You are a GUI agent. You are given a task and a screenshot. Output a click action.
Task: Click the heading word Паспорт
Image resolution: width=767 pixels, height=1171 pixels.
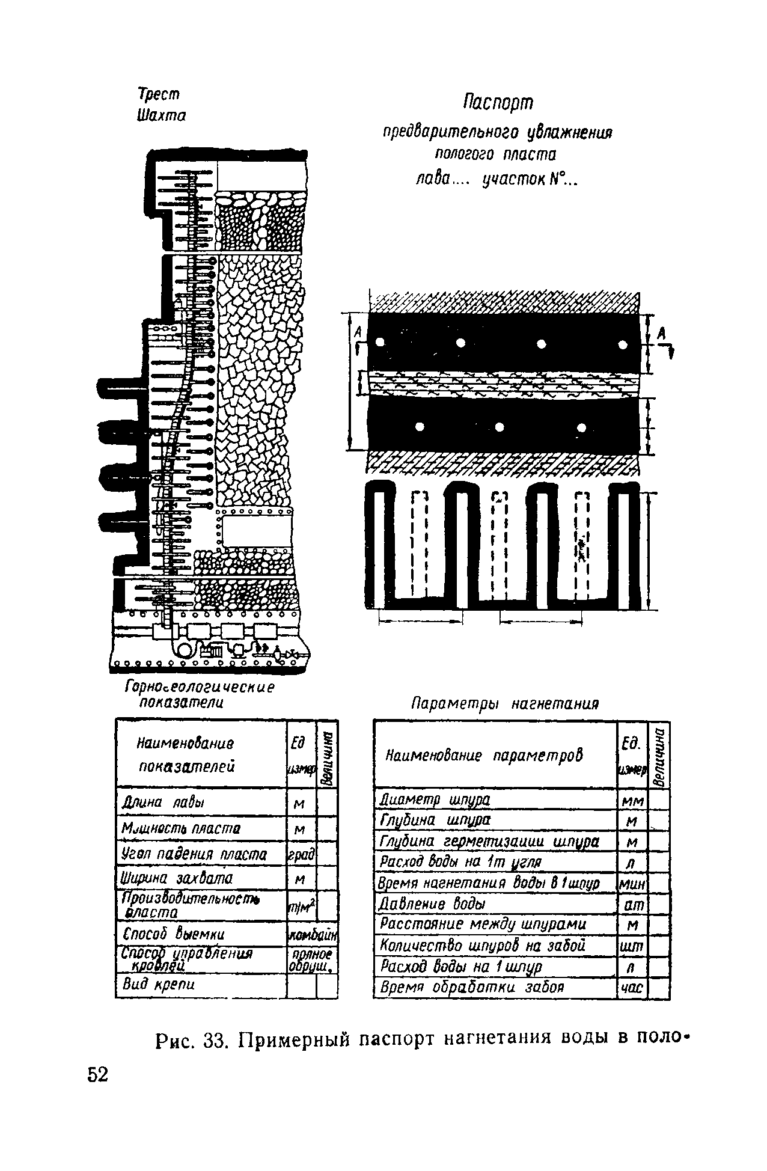click(x=498, y=103)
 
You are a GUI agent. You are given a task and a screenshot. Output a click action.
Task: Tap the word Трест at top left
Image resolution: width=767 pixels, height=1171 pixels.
click(x=159, y=94)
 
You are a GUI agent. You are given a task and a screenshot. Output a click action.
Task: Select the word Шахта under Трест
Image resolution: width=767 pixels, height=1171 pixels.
click(x=162, y=114)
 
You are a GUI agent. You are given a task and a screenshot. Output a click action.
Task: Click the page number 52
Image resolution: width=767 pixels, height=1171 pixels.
click(x=97, y=1074)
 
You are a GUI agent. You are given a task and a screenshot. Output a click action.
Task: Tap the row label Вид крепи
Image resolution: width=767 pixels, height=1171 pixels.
click(x=159, y=984)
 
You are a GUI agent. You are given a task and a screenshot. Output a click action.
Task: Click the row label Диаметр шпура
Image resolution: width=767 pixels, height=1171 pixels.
click(x=435, y=800)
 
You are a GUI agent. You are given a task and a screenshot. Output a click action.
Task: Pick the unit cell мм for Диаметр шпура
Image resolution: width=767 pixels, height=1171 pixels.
click(x=632, y=801)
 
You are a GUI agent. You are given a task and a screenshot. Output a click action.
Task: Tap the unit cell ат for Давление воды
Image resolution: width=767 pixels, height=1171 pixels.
click(x=632, y=903)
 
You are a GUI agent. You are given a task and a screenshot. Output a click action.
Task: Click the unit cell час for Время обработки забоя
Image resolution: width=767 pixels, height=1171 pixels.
click(x=632, y=987)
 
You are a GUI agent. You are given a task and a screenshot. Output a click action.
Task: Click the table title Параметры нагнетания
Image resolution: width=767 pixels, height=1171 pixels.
click(x=506, y=703)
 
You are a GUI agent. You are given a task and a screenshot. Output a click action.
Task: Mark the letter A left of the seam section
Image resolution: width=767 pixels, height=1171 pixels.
click(x=358, y=332)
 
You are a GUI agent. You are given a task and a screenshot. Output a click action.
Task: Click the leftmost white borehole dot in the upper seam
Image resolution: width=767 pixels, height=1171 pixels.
click(x=380, y=343)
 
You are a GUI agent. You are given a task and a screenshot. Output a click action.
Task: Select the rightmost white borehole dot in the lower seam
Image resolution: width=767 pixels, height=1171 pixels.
click(x=581, y=427)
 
